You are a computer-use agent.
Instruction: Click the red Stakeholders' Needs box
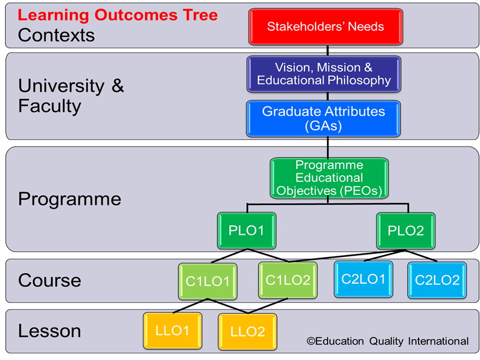click(326, 27)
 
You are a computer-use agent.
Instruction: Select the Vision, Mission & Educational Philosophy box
click(324, 74)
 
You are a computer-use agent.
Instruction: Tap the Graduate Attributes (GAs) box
click(324, 119)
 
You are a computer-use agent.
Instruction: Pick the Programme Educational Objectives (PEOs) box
click(329, 178)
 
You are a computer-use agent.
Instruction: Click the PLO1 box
click(247, 230)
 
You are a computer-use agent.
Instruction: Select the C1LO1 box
click(207, 282)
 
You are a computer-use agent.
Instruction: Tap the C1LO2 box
click(288, 280)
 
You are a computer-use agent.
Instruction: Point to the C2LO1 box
click(363, 279)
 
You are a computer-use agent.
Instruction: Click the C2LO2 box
click(437, 280)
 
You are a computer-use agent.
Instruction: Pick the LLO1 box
click(173, 330)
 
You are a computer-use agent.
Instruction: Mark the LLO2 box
click(247, 332)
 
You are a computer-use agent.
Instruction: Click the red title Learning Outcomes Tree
click(118, 15)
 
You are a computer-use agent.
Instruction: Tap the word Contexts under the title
click(57, 35)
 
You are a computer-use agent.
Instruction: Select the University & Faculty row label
click(71, 96)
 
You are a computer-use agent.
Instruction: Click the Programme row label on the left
click(70, 200)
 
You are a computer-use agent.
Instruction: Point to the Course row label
click(49, 280)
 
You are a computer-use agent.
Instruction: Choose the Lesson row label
click(49, 331)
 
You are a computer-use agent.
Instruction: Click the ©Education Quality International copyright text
click(387, 341)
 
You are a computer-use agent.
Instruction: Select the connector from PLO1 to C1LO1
click(229, 256)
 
